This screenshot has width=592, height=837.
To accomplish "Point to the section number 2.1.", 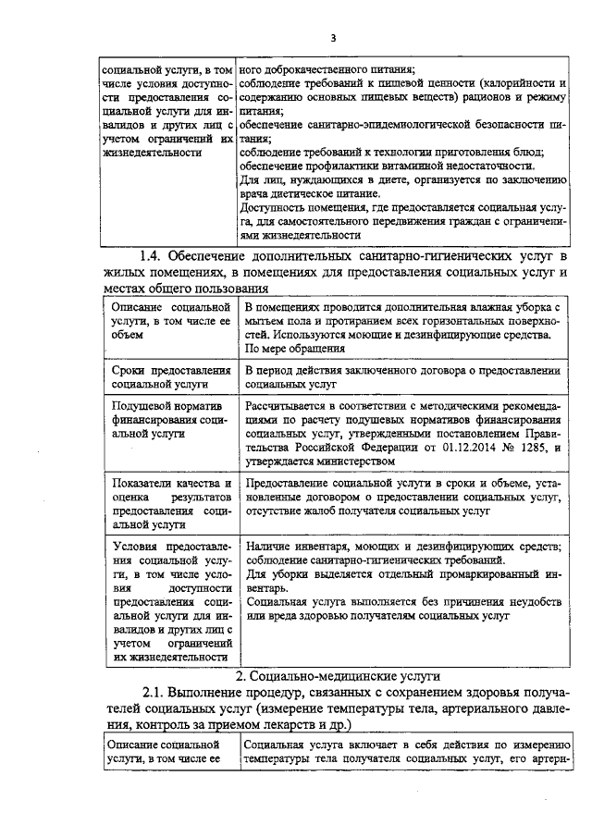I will point(157,694).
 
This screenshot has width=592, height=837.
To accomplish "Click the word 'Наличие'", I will point(269,548).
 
